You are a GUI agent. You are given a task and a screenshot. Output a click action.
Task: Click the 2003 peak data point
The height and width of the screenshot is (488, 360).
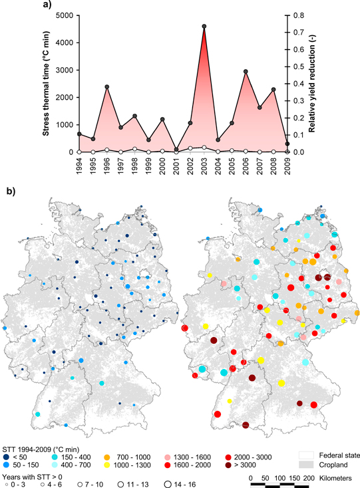click(204, 27)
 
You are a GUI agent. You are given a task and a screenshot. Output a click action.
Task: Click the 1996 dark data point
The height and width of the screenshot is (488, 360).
click(107, 86)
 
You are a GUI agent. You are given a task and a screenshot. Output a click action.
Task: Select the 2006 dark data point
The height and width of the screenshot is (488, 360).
click(246, 72)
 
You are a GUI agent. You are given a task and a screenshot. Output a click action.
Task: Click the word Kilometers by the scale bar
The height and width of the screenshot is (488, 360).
click(339, 477)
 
